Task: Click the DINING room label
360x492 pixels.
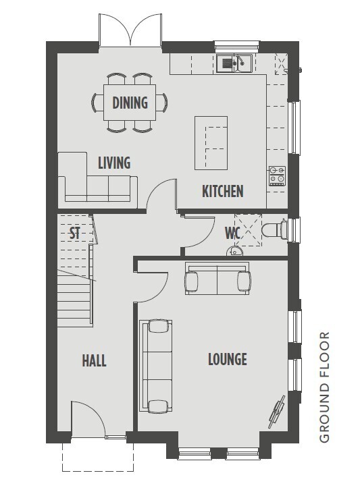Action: point(130,103)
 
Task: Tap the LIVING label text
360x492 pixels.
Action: point(114,163)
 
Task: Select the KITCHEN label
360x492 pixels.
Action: point(222,192)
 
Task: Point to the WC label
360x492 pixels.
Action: point(233,233)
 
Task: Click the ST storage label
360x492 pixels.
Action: point(75,233)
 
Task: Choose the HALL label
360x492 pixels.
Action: point(94,360)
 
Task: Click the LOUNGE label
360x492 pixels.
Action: point(228,359)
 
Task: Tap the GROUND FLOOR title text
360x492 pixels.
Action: point(324,387)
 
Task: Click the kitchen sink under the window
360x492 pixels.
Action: point(234,63)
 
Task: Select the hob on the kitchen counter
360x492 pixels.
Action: point(277,175)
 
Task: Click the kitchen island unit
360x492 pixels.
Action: point(211,143)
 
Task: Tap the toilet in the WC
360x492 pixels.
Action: point(274,230)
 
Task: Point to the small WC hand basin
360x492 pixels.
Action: point(234,251)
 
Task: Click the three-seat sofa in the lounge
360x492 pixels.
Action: point(156,366)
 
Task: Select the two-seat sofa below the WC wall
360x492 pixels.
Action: point(217,279)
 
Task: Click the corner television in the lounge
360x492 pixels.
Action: point(277,412)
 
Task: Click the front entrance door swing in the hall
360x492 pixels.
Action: point(88,419)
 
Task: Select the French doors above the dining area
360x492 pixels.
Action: point(130,30)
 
